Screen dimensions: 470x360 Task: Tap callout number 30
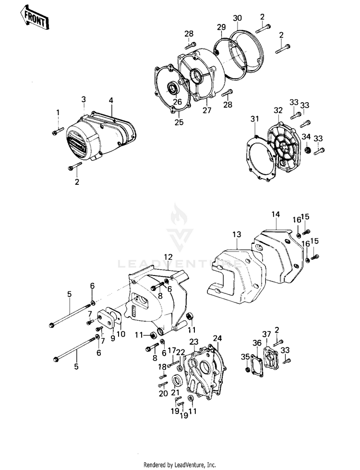(x=237, y=18)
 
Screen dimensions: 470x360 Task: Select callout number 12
(x=168, y=257)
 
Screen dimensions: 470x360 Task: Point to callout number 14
(x=275, y=214)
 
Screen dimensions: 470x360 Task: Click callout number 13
(x=236, y=234)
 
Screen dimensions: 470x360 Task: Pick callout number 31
(x=254, y=119)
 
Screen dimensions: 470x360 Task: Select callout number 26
(x=178, y=102)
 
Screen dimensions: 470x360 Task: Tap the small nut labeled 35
(x=248, y=371)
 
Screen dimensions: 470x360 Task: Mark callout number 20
(x=163, y=393)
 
